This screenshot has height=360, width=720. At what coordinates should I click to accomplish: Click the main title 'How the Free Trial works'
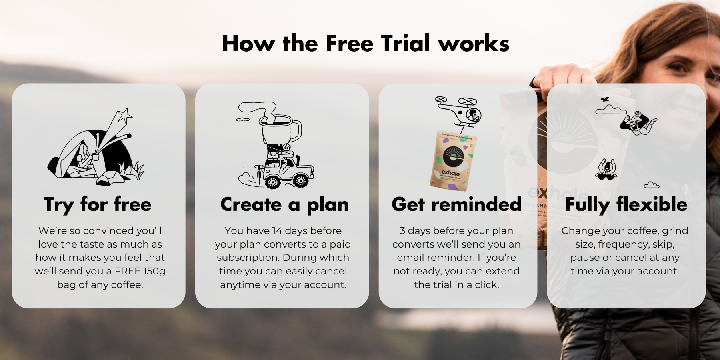366,43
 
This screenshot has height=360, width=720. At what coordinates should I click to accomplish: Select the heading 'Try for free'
98,204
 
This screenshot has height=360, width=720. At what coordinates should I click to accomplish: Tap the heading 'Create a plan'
284,204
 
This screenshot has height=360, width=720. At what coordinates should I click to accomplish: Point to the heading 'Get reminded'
456,204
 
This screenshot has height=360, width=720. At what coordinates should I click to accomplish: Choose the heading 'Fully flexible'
626,204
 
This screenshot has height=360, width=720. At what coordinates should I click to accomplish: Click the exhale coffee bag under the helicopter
453,160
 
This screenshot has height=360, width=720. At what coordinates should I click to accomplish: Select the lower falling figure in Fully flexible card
606,170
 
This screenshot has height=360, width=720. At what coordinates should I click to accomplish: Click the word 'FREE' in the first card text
128,271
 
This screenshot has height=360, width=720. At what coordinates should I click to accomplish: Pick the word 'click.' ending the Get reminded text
487,285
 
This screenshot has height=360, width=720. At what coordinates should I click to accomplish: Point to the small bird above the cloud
605,99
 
